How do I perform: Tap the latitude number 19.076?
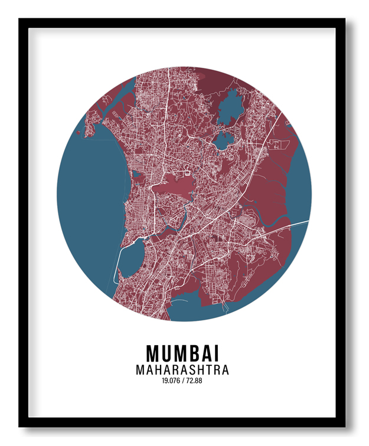coord(169,381)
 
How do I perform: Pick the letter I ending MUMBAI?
coord(217,353)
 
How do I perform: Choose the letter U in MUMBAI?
coord(166,353)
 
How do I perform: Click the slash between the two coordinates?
coord(182,381)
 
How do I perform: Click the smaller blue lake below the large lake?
coord(222,140)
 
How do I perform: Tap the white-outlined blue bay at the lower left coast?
coord(131,259)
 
